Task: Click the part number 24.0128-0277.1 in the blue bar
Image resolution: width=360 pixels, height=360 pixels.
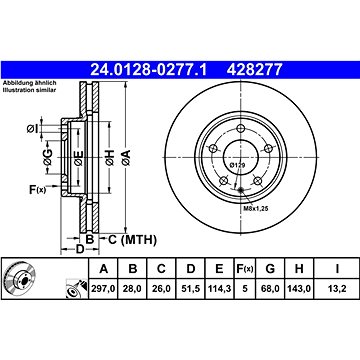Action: (149, 70)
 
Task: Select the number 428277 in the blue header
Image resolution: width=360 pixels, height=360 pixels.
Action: (255, 70)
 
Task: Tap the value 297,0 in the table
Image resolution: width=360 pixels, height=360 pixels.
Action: (104, 289)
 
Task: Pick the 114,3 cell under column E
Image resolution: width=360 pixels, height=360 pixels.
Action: (219, 289)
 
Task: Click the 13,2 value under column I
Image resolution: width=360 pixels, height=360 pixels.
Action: (337, 289)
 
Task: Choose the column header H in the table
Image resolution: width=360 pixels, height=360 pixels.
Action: (299, 268)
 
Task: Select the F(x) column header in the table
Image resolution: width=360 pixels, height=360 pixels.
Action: (245, 268)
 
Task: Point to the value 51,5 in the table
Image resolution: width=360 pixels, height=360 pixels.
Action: (190, 289)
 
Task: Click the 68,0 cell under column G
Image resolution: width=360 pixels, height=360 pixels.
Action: (270, 289)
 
